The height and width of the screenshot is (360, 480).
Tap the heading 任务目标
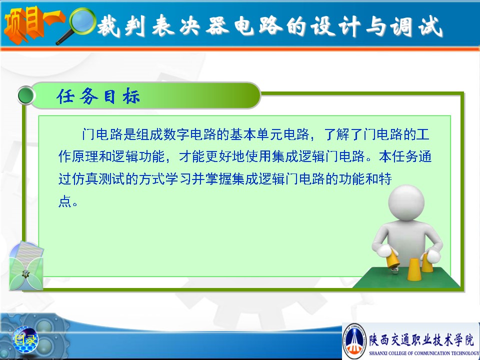pyautogui.click(x=98, y=96)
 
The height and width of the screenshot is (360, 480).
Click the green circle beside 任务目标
pyautogui.click(x=26, y=95)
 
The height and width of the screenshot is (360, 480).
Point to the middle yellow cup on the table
pyautogui.click(x=413, y=269)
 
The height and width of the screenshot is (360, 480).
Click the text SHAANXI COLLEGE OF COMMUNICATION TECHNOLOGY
pyautogui.click(x=424, y=353)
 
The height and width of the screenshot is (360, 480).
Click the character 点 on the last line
pyautogui.click(x=65, y=201)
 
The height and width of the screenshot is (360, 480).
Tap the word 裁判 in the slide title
pyautogui.click(x=121, y=26)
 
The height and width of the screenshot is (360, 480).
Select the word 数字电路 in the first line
pyautogui.click(x=190, y=134)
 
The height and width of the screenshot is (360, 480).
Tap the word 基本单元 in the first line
pyautogui.click(x=257, y=134)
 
